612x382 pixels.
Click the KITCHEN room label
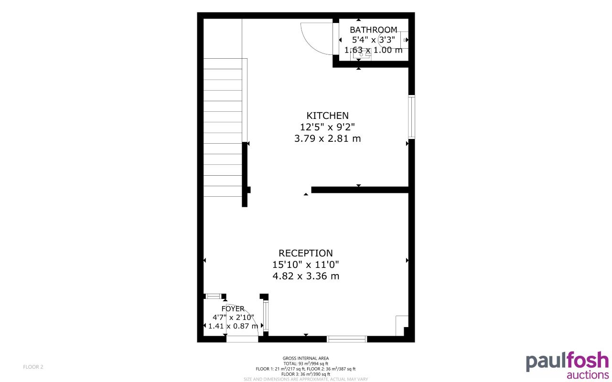click(x=327, y=116)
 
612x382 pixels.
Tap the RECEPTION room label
click(x=306, y=253)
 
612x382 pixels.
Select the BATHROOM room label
click(x=373, y=30)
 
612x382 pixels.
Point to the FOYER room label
click(x=233, y=309)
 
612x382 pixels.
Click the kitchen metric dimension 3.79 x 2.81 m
click(x=327, y=139)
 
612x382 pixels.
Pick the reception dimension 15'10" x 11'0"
click(x=306, y=265)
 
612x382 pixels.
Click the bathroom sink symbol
click(x=362, y=55)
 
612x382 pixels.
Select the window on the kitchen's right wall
click(x=411, y=117)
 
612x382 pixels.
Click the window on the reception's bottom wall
click(x=347, y=339)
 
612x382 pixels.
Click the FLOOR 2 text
click(x=33, y=367)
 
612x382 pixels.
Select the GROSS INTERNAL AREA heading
click(x=306, y=358)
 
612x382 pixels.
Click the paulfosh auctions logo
click(x=567, y=366)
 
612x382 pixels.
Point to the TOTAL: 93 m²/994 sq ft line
click(x=306, y=364)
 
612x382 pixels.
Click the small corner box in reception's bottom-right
click(x=402, y=325)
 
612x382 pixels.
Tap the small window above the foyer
click(x=213, y=296)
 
